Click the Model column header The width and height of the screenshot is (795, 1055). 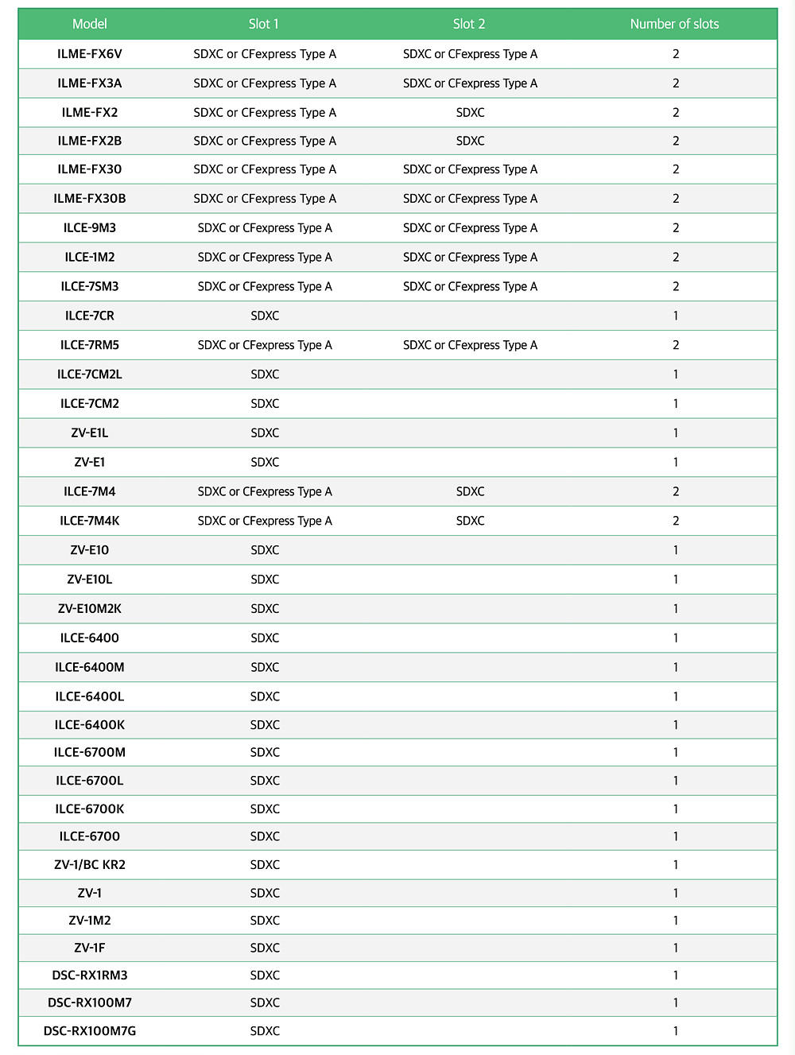point(90,24)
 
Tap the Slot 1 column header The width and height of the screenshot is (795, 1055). point(264,24)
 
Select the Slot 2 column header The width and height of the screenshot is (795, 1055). point(469,24)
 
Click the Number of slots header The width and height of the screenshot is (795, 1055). point(674,24)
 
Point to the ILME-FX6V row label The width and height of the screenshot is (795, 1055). point(90,54)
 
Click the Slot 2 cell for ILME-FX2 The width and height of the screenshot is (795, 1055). point(470,113)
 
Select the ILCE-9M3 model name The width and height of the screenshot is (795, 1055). point(90,228)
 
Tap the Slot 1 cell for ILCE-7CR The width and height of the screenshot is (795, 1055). point(265,316)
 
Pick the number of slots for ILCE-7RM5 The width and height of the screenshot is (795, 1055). point(676,345)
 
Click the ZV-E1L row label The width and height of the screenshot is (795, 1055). point(90,433)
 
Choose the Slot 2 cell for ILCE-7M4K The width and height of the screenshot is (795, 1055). point(470,521)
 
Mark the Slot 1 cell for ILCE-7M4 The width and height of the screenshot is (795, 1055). point(265,491)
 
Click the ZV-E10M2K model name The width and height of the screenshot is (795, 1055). point(90,609)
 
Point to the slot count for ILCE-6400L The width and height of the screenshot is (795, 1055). point(676,696)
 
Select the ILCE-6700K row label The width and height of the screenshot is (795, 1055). point(90,809)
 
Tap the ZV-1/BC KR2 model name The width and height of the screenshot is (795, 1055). point(90,865)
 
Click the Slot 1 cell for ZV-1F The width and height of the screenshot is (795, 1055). point(265,948)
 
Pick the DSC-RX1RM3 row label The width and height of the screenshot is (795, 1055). point(90,975)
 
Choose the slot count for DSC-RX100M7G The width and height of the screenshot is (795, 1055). point(676,1031)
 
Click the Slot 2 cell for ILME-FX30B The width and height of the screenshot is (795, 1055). point(470,199)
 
